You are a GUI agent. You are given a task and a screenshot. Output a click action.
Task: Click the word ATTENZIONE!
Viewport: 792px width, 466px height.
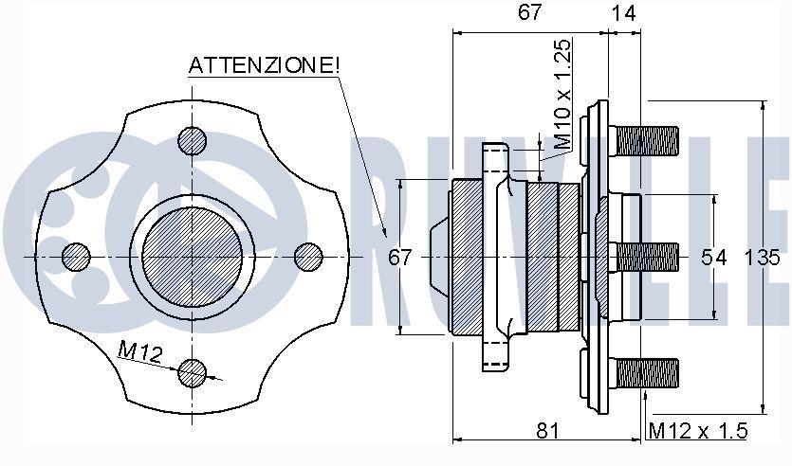(265, 65)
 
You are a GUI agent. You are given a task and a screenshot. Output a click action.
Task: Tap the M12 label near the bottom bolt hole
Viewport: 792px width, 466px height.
(140, 351)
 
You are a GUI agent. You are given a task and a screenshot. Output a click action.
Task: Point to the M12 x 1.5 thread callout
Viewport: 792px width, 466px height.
(697, 431)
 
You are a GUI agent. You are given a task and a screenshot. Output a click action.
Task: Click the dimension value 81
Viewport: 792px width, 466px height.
(547, 431)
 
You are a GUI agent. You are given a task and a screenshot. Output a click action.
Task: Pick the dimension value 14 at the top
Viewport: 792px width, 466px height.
(624, 13)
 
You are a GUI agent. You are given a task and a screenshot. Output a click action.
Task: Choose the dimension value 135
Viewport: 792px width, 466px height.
(762, 258)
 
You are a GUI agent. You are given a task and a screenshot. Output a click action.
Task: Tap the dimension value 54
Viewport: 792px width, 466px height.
(713, 258)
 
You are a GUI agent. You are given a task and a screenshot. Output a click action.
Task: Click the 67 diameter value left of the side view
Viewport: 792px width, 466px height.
(400, 258)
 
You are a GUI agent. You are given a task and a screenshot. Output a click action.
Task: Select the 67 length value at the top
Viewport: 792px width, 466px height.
(529, 12)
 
